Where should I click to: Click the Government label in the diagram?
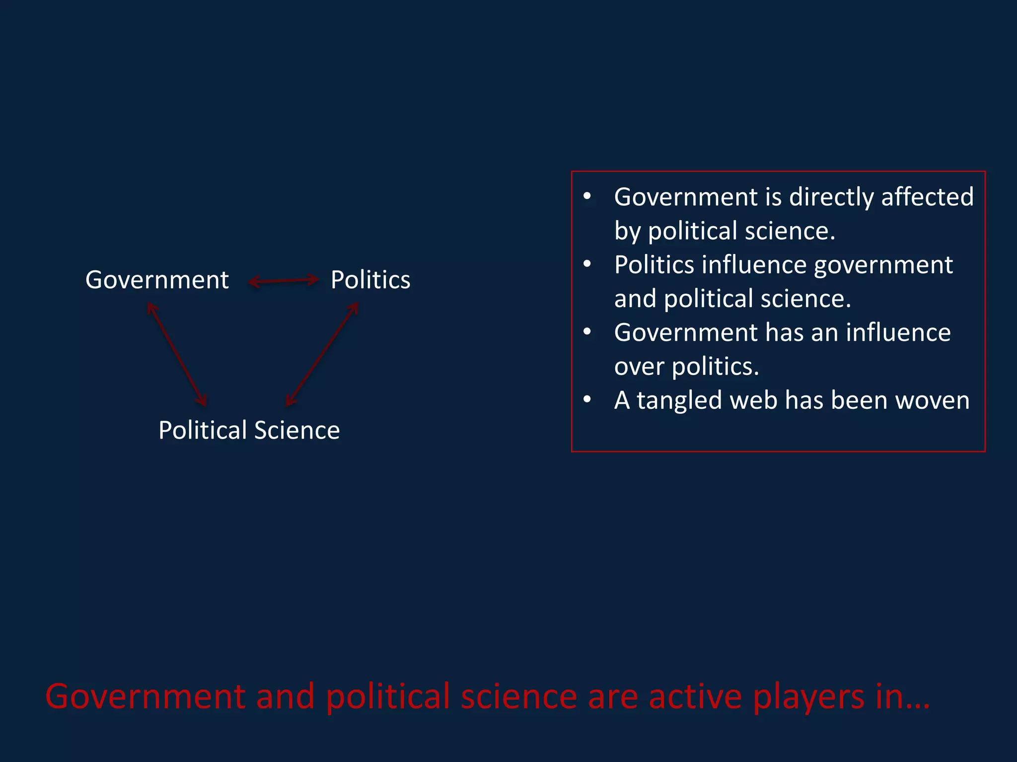157,280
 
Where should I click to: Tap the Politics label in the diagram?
370,280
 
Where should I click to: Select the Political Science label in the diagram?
249,430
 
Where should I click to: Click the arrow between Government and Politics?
283,281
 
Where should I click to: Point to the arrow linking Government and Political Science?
177,354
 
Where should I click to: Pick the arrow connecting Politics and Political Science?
322,354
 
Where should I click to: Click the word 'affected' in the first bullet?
927,197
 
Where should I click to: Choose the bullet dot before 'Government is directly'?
587,196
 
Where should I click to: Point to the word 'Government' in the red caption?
145,697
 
